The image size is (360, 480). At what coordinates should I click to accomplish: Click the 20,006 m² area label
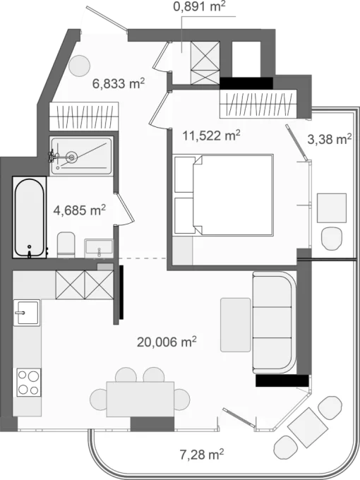pos(167,342)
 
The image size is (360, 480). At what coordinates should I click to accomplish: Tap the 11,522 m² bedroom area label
pos(211,135)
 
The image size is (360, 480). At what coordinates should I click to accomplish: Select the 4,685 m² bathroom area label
pos(79,210)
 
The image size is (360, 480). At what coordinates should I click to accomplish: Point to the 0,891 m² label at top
pos(199,6)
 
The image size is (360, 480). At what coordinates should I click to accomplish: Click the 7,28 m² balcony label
pos(201,454)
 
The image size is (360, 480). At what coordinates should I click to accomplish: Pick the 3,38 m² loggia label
pos(329,139)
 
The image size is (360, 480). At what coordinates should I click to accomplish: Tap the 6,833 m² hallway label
pos(118,83)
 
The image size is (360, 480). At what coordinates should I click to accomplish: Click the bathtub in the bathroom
pos(30,217)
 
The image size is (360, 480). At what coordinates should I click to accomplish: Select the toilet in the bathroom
pos(66,245)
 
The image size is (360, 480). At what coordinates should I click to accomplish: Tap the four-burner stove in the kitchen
pos(28,383)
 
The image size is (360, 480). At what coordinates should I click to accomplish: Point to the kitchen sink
pos(27,313)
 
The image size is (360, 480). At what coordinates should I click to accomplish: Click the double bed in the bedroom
pos(223,195)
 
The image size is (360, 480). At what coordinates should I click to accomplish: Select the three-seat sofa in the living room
pos(275,323)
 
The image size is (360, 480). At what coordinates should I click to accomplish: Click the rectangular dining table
pos(140,399)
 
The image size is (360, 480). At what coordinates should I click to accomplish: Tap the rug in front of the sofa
pos(235,325)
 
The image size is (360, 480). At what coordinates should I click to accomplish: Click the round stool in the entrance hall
pos(79,66)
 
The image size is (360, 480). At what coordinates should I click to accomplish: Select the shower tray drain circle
pos(71,157)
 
